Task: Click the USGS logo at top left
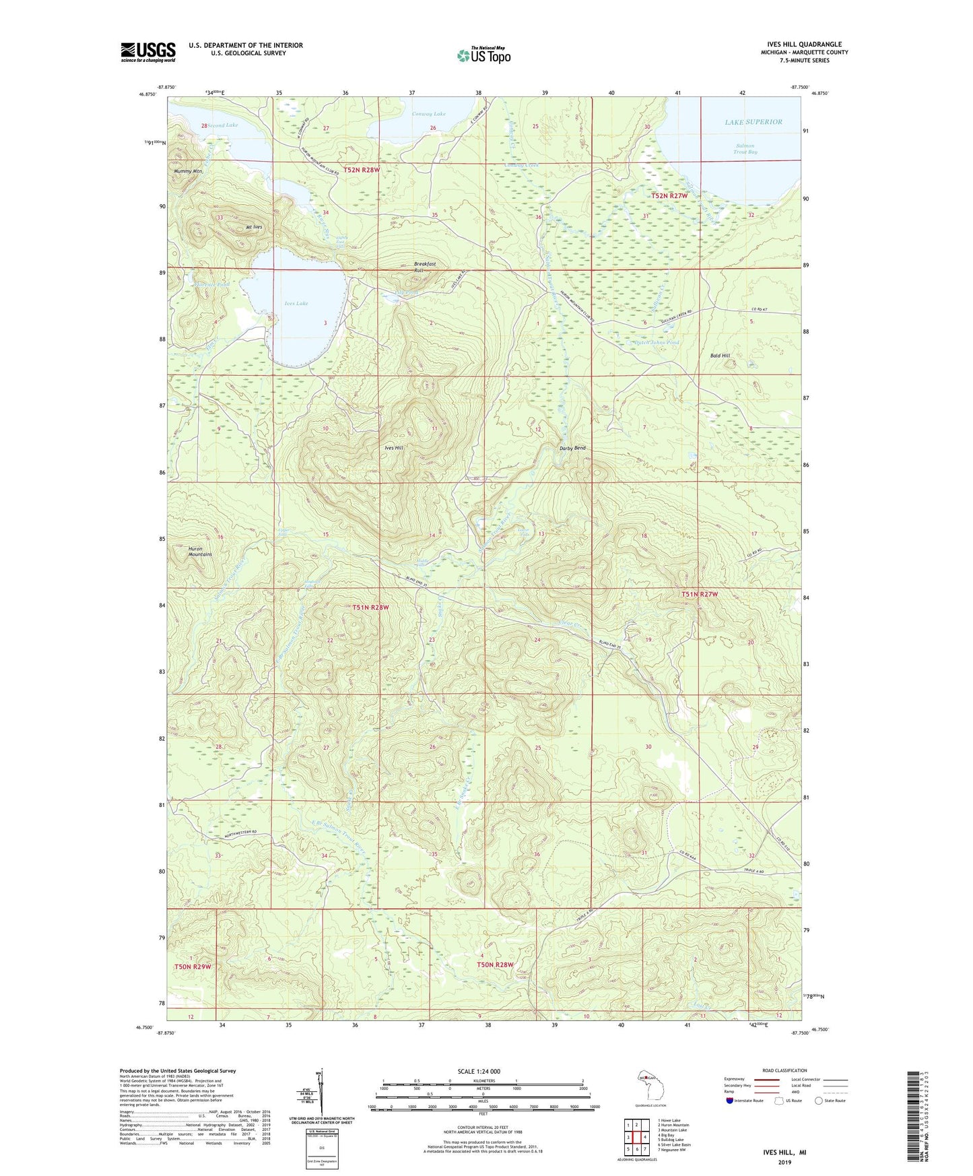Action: [x=147, y=52]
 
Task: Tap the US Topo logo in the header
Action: [x=483, y=55]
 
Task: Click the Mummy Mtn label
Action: [x=188, y=171]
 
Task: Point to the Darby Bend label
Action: [x=572, y=448]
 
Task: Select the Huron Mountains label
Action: [x=200, y=551]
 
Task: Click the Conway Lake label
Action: [x=429, y=114]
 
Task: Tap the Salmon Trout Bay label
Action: [x=745, y=149]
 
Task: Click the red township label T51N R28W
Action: [x=371, y=607]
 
